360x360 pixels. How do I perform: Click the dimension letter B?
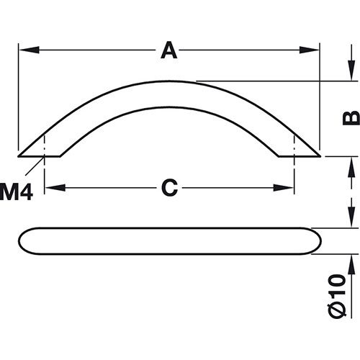tap(348, 117)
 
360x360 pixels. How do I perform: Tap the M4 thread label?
tap(16, 192)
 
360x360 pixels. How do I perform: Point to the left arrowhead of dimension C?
tap(51, 188)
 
